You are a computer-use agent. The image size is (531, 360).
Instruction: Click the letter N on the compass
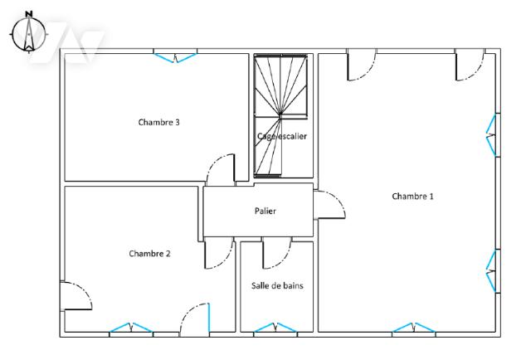(x=29, y=14)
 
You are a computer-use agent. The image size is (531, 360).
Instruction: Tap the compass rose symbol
(x=29, y=33)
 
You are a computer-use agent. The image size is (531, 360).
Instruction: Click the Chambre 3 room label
(x=158, y=122)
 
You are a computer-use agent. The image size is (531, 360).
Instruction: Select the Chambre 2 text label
(x=149, y=254)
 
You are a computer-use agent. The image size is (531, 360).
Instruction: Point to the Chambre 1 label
(x=412, y=196)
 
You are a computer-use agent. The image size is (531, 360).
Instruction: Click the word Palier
(x=265, y=211)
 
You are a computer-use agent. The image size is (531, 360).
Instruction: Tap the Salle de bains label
(x=277, y=285)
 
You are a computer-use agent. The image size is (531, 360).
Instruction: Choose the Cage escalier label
(x=282, y=136)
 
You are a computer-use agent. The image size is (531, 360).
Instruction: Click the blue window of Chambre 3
(x=175, y=57)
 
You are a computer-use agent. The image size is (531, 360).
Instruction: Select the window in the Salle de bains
(x=275, y=328)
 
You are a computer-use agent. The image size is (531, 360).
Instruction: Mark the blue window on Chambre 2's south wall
(x=131, y=328)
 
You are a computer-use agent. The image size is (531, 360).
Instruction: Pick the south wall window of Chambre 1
(x=413, y=328)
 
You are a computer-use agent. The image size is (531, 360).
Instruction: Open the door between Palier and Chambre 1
(x=329, y=205)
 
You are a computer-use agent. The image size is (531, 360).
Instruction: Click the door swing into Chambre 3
(x=221, y=169)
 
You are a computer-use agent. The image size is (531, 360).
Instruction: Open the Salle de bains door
(x=276, y=253)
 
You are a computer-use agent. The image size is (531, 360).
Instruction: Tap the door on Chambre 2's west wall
(x=76, y=295)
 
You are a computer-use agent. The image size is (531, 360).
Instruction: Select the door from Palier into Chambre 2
(x=219, y=253)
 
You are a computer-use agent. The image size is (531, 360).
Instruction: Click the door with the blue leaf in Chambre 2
(x=195, y=319)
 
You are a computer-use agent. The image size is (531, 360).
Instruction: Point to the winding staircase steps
(x=280, y=115)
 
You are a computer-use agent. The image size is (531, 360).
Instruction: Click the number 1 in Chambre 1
(x=431, y=196)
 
